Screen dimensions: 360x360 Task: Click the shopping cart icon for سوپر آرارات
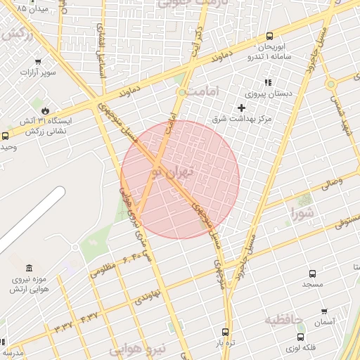coord(38,61)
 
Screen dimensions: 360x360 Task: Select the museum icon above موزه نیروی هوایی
coord(28,268)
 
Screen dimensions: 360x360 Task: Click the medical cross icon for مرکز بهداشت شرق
coord(242,108)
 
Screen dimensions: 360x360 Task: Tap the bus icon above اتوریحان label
coord(270,37)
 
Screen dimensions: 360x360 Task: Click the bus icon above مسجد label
coord(312,274)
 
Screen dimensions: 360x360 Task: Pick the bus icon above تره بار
coord(225,332)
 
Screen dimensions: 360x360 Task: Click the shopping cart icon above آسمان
coord(324,311)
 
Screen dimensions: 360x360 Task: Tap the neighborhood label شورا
coord(304,211)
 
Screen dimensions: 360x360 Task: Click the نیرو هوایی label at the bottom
coord(138,348)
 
